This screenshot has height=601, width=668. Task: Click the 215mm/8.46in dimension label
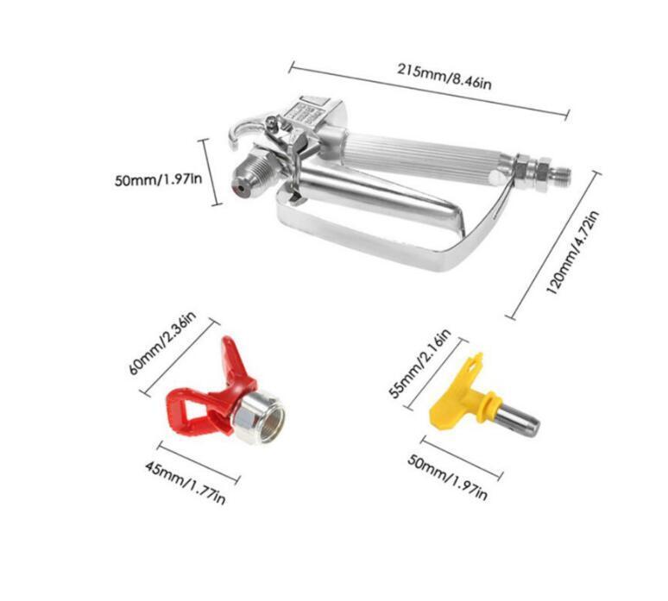444,77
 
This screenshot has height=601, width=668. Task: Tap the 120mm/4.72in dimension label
572,253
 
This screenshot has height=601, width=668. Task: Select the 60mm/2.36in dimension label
162,343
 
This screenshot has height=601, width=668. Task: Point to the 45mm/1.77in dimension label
185,483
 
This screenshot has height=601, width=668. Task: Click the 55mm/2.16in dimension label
420,364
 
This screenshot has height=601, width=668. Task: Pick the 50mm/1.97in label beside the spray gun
159,178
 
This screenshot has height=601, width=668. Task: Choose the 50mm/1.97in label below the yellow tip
447,477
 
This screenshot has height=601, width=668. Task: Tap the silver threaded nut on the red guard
259,416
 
